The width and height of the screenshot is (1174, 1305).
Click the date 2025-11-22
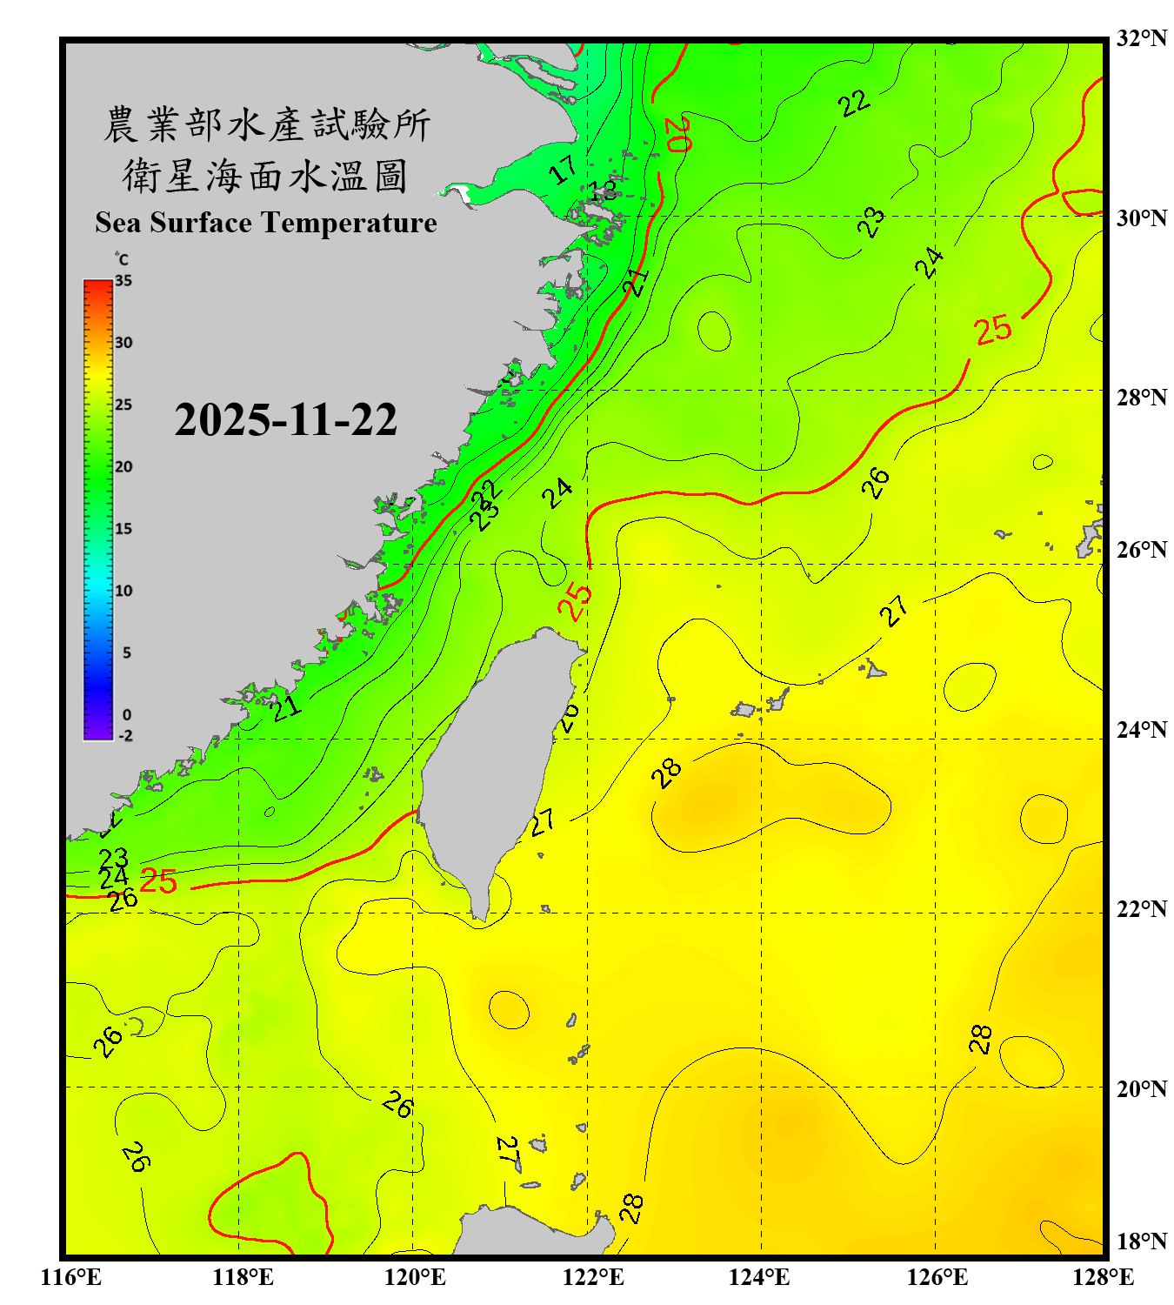click(x=285, y=419)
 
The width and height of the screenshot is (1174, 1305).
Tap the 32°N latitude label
click(x=1141, y=38)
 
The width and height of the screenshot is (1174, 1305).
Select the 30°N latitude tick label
click(x=1141, y=217)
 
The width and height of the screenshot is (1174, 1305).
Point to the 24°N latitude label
click(x=1141, y=729)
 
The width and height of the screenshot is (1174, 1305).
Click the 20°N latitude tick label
click(x=1141, y=1088)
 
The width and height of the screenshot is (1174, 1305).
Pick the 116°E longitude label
click(x=70, y=1277)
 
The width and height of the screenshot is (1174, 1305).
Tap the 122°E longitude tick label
click(x=593, y=1277)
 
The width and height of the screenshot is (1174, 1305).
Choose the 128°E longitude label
click(x=1103, y=1277)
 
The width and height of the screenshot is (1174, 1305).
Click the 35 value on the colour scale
click(x=123, y=280)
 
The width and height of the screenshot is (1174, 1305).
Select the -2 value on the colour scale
click(x=125, y=735)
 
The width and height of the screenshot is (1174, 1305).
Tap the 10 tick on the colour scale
click(x=123, y=591)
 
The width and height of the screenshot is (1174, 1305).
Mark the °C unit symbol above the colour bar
click(x=122, y=259)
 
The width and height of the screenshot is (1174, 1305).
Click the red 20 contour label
click(x=677, y=133)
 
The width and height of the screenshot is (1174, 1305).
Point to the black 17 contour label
click(x=564, y=169)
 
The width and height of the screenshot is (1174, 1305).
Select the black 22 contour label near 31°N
click(x=854, y=103)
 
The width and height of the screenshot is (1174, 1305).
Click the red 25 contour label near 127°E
click(x=992, y=330)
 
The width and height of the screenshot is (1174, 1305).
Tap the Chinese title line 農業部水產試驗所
click(x=266, y=125)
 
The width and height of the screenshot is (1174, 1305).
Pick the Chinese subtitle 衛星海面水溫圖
click(x=265, y=176)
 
